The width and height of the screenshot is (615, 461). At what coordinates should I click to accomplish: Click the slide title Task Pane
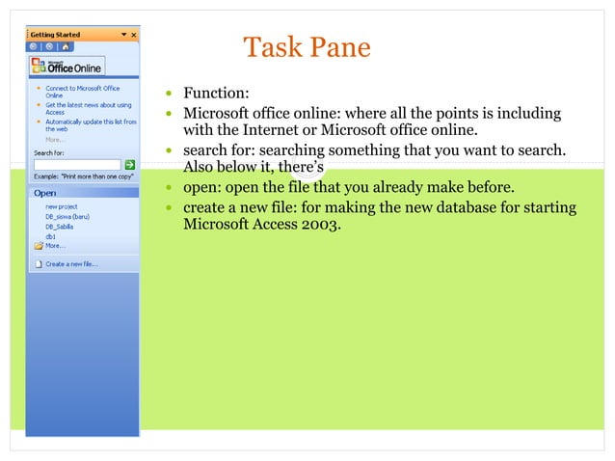tap(307, 47)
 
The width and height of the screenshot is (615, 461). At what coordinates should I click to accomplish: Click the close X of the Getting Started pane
tap(134, 35)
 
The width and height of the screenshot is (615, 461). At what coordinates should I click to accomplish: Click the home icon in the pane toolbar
tap(62, 46)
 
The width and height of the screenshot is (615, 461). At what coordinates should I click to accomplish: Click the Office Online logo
tap(67, 67)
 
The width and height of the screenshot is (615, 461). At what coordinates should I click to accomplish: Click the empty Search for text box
tap(77, 165)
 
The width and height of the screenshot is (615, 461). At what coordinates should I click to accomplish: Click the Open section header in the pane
tap(45, 193)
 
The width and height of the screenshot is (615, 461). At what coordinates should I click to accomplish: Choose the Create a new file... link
tap(71, 263)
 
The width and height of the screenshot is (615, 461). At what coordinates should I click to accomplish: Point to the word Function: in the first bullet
tap(216, 94)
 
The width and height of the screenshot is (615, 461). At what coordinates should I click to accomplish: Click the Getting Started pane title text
tap(55, 35)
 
